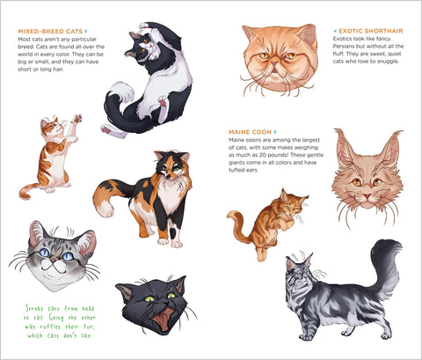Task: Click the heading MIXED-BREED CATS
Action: point(50,32)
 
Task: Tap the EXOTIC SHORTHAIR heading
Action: point(371,31)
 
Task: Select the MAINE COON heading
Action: point(250,132)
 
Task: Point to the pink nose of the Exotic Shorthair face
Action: point(275,62)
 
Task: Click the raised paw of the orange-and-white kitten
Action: point(77,119)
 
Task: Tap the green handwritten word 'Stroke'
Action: point(34,308)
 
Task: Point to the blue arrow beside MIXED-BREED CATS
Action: point(86,32)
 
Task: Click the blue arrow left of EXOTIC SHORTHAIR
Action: point(335,31)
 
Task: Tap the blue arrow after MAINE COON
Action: point(274,132)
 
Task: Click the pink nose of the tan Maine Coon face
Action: point(367,195)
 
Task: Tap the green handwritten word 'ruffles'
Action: point(50,327)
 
